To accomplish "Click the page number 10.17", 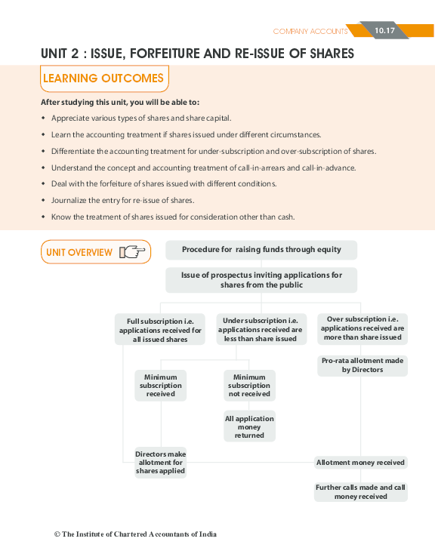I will [x=384, y=30].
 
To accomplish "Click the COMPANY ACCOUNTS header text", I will [x=310, y=31].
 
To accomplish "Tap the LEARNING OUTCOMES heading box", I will [x=103, y=78].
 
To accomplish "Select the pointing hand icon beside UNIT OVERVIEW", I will [x=133, y=252].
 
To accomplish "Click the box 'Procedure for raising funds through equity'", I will [x=261, y=250].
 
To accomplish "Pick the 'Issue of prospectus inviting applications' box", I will [x=261, y=280].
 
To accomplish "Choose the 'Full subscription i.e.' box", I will [x=160, y=330].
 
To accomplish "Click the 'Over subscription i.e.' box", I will [x=362, y=328].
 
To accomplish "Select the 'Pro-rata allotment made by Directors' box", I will [x=362, y=365].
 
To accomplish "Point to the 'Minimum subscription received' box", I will [x=160, y=385].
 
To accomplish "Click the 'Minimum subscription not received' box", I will [x=249, y=385].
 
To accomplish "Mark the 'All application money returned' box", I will [x=249, y=426].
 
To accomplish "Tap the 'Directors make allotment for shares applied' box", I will [x=160, y=462].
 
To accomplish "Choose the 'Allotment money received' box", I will [x=361, y=462].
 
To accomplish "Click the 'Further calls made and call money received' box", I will [x=361, y=492].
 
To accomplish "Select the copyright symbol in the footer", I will [x=57, y=534].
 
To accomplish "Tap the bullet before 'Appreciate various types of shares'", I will [x=44, y=118].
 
